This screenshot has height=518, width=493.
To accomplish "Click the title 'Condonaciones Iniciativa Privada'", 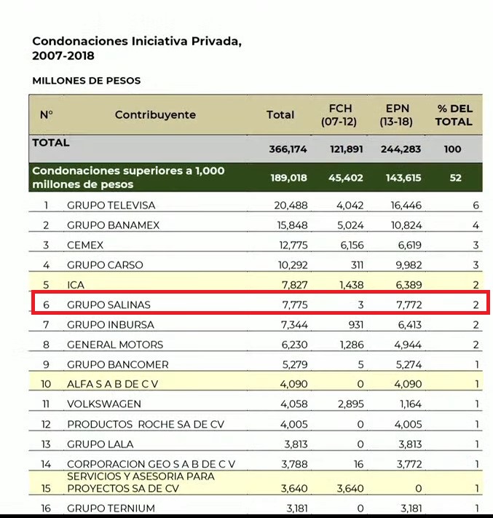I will (137, 42).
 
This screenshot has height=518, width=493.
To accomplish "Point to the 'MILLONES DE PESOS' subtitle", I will (87, 81).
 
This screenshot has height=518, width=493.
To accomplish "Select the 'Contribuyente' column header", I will (155, 115).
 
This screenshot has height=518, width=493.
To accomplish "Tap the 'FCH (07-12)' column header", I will (339, 115).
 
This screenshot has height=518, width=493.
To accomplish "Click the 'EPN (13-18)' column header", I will (398, 115).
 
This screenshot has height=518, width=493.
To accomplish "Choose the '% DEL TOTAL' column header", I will (454, 115).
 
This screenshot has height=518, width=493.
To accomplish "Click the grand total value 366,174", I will (288, 149).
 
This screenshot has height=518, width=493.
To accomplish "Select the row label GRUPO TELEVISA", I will (111, 205).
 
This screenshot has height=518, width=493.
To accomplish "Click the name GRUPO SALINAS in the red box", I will (109, 305).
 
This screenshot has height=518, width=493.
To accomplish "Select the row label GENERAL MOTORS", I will (115, 345).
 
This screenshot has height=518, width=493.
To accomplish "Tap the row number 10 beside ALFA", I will (46, 384).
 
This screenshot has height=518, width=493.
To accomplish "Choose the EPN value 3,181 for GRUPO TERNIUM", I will (406, 509).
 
